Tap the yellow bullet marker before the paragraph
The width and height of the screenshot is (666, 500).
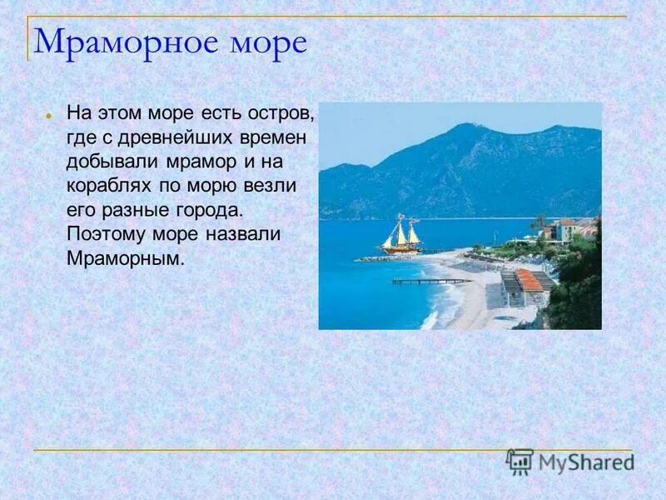pos(50,114)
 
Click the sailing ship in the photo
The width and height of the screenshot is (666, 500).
pos(401,234)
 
